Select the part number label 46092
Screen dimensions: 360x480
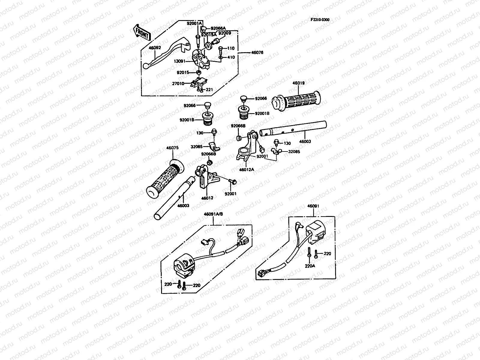pyautogui.click(x=155, y=47)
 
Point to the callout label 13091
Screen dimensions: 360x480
pyautogui.click(x=179, y=61)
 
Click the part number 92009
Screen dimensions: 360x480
pyautogui.click(x=224, y=33)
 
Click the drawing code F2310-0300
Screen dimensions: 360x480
pyautogui.click(x=320, y=20)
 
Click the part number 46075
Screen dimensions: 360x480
pyautogui.click(x=172, y=148)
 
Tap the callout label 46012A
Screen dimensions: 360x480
pyautogui.click(x=247, y=169)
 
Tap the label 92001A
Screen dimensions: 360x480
pyautogui.click(x=194, y=23)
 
